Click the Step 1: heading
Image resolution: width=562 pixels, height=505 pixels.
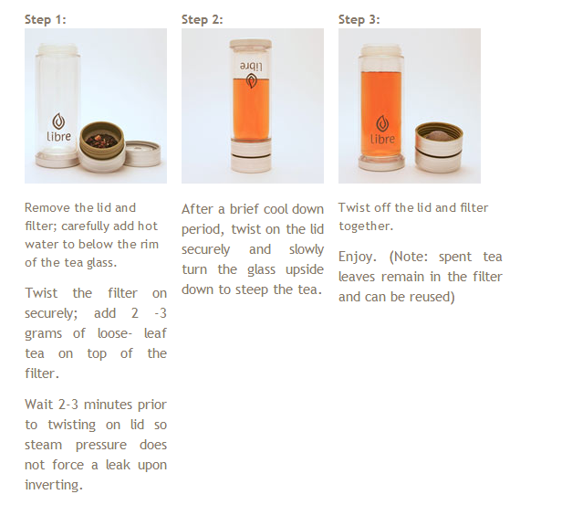[46, 19]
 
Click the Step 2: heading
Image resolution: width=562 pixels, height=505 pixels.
[203, 19]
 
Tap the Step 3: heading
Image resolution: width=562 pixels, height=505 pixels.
[359, 19]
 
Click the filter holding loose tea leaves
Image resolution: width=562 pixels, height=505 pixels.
[102, 146]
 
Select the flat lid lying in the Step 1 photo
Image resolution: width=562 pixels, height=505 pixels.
[142, 153]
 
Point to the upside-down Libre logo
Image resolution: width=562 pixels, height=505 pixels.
[251, 75]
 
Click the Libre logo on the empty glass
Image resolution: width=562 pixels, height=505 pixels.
[58, 127]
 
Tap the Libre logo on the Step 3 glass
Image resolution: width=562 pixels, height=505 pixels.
[382, 130]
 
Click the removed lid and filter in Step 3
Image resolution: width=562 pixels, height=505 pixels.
[439, 147]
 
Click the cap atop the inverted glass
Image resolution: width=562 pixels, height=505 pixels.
[251, 45]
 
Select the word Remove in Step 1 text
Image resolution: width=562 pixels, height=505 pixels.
[47, 207]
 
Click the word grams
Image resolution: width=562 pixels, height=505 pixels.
[44, 334]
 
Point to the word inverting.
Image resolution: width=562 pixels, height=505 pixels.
[54, 485]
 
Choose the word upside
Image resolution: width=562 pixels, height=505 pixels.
[305, 269]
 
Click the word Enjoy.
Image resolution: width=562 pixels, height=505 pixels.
[358, 258]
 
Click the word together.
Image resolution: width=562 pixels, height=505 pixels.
[366, 226]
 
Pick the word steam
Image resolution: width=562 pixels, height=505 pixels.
[44, 445]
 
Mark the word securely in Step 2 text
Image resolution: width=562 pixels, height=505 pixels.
[206, 250]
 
